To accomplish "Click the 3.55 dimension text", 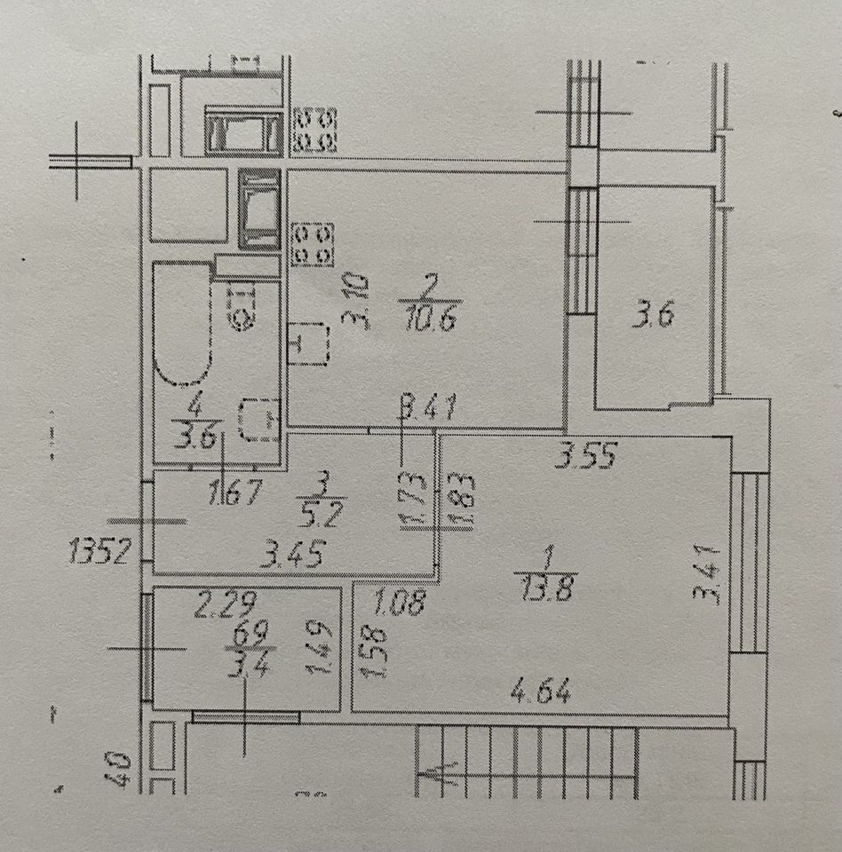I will point(586,456).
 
